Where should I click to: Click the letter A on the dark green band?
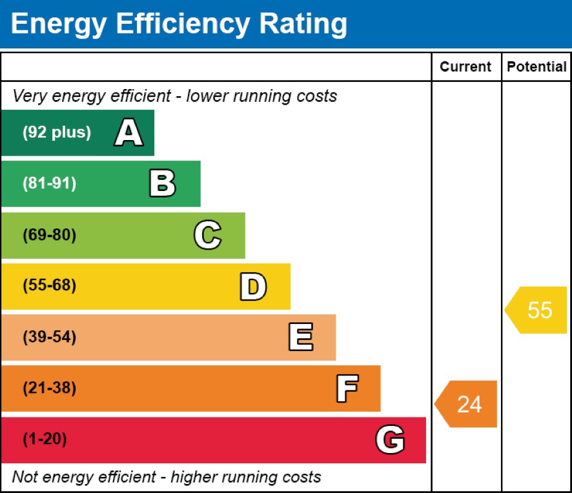tap(128, 133)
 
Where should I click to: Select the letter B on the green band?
tap(162, 184)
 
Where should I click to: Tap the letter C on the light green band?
tap(207, 235)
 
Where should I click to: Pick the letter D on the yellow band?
tap(252, 287)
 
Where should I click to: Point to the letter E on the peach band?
tap(300, 337)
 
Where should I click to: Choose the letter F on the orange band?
tap(347, 388)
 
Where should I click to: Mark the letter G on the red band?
tap(390, 440)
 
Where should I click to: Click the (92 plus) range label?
tap(57, 133)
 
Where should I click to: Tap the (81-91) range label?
tap(49, 184)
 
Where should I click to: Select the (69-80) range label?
tap(49, 235)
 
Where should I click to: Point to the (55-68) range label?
tap(49, 286)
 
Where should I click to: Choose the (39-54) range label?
tap(49, 337)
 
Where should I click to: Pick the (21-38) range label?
tap(49, 388)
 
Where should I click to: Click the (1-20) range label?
tap(45, 440)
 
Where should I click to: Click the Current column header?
tap(465, 67)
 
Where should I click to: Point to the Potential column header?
tap(536, 67)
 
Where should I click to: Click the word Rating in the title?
tap(303, 24)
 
